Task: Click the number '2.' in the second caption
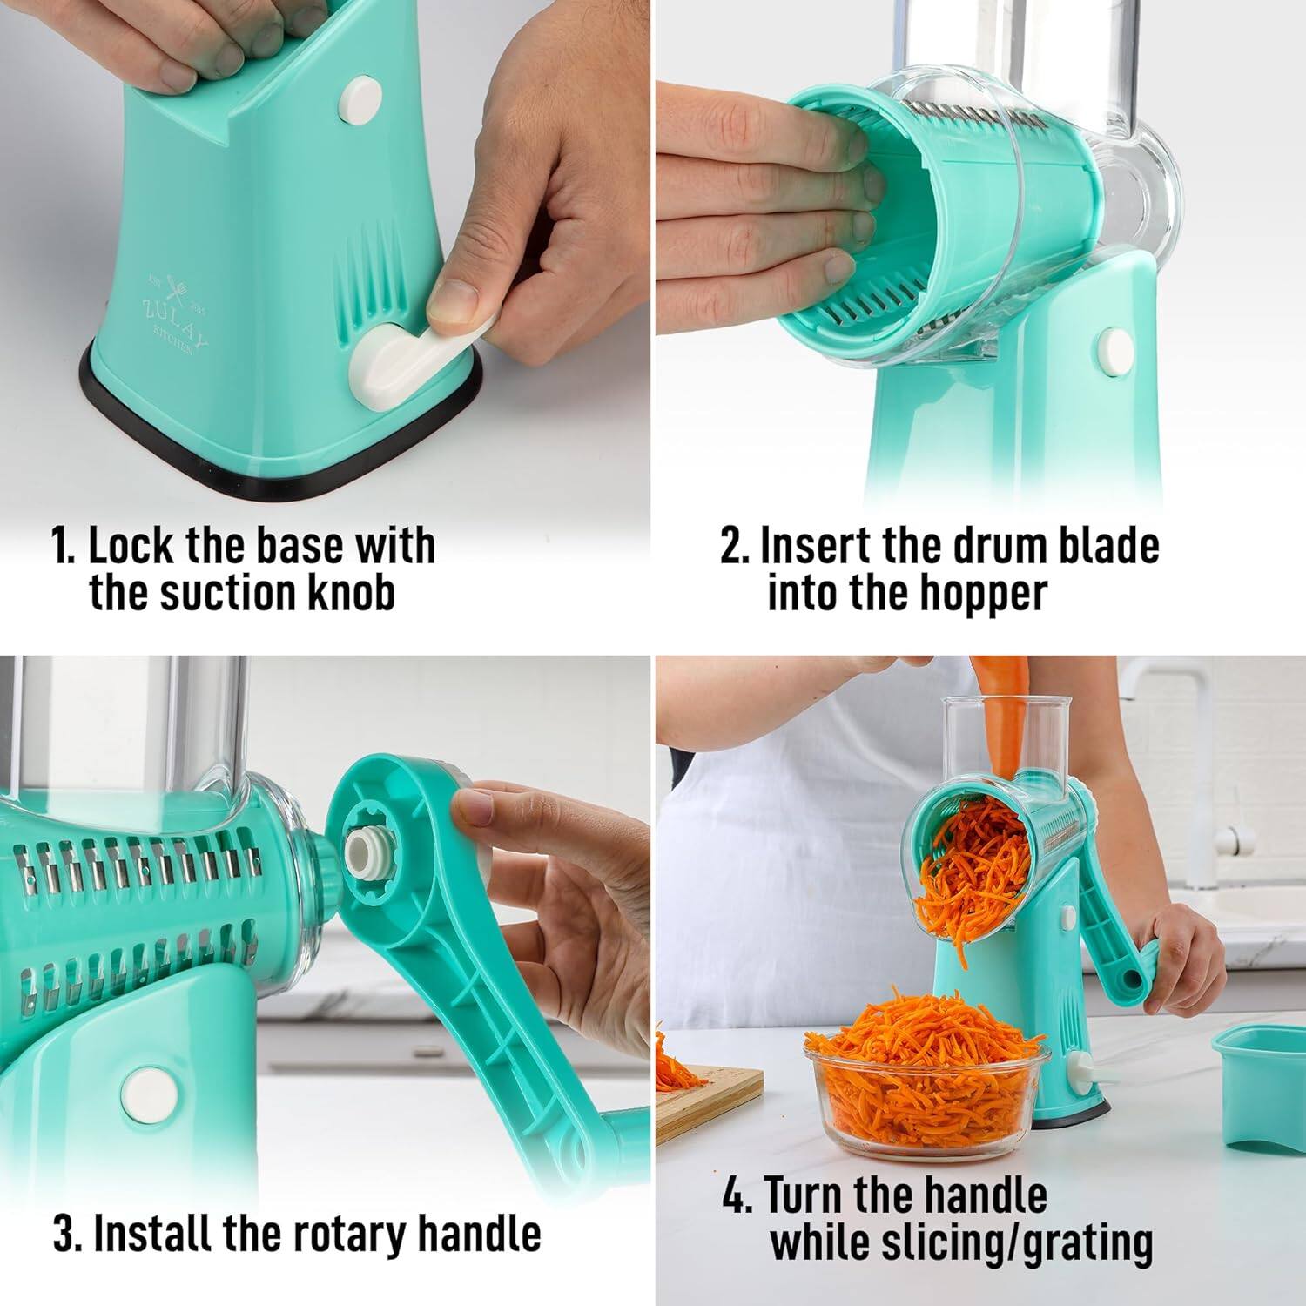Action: pyautogui.click(x=735, y=547)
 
